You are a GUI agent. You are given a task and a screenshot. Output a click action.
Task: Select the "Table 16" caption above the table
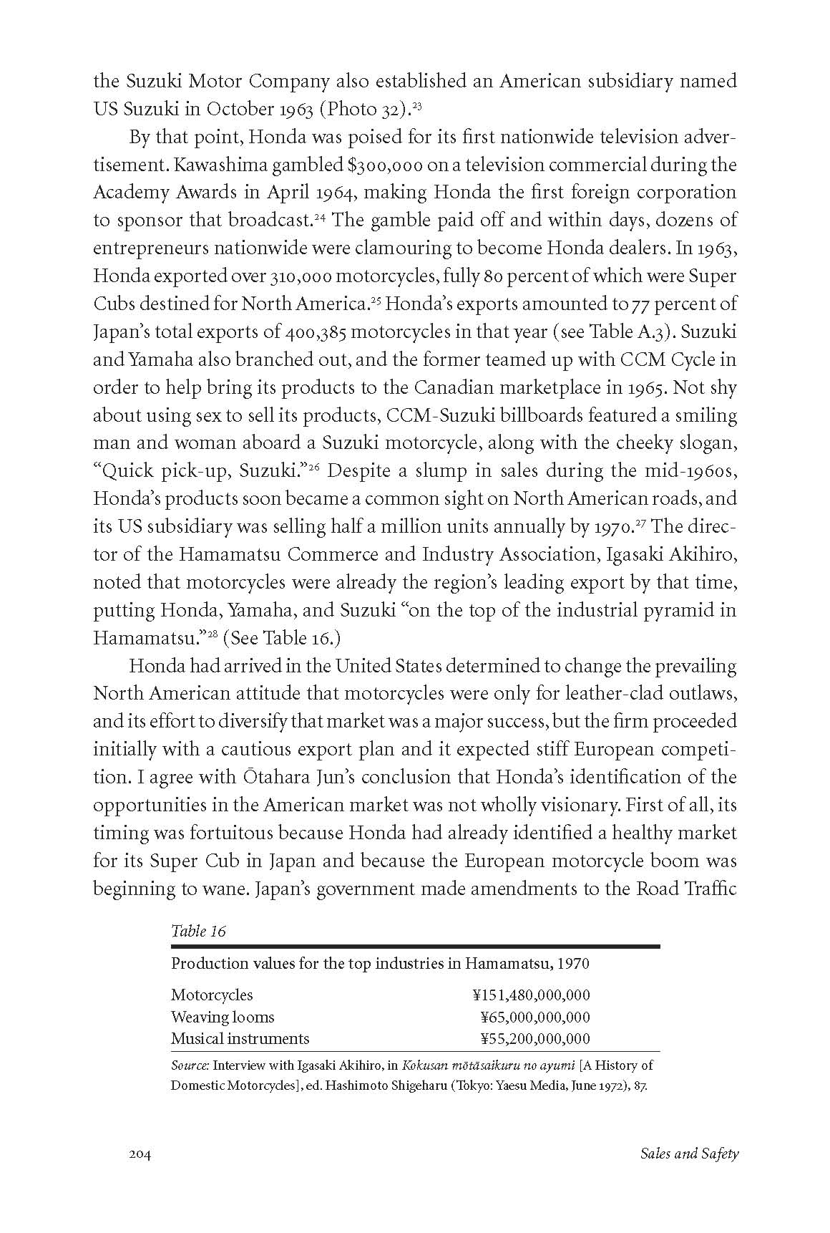point(198,931)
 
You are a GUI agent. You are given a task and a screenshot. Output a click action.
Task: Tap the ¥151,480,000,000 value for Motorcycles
point(531,995)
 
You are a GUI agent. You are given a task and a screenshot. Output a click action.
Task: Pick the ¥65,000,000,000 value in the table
point(535,1017)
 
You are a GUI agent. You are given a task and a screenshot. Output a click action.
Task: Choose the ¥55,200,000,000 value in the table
point(535,1038)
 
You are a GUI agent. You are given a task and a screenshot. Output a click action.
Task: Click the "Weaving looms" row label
point(223,1017)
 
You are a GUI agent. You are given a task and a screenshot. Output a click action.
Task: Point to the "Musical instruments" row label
point(240,1038)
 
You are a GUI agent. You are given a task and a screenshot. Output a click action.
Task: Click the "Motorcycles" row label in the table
point(212,995)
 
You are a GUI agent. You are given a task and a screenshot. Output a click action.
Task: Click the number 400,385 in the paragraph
point(316,332)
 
